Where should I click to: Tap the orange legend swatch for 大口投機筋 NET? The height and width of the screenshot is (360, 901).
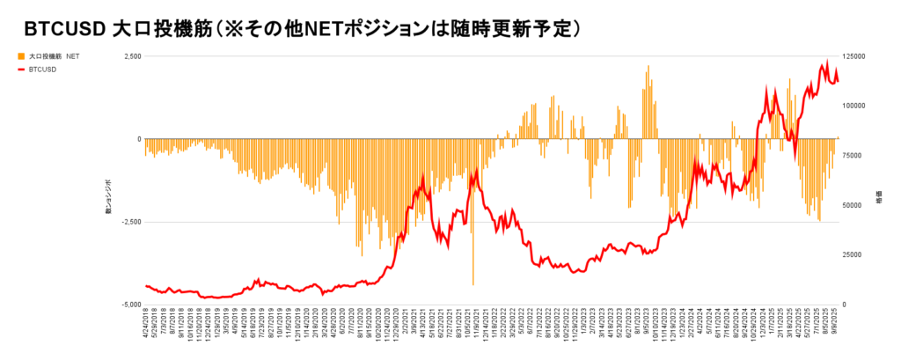click(21, 55)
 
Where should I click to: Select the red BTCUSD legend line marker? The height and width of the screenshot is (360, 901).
click(21, 69)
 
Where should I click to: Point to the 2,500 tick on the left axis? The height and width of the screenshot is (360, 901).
click(130, 56)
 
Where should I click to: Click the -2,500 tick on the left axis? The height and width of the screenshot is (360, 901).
click(128, 222)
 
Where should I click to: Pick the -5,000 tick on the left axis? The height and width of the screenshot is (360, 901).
click(128, 305)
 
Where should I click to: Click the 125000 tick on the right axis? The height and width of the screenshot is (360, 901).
click(858, 56)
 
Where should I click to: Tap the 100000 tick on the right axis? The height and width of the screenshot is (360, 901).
click(858, 106)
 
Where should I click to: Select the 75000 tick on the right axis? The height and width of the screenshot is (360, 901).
click(856, 156)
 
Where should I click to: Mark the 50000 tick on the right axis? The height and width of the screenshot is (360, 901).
click(856, 205)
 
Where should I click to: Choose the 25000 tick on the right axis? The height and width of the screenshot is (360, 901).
click(856, 255)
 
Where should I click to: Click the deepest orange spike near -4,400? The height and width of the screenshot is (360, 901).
click(473, 282)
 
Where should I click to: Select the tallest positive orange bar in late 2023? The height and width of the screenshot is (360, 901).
click(648, 67)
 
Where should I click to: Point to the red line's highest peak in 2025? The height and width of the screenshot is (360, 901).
click(826, 62)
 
